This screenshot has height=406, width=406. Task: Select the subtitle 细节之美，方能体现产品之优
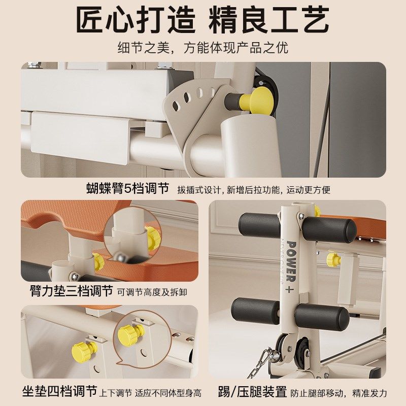click(203, 48)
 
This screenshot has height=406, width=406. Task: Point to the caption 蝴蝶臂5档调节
click(128, 189)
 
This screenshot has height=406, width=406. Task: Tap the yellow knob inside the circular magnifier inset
click(152, 238)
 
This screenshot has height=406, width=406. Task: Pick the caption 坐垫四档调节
click(59, 392)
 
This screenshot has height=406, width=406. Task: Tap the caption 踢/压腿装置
click(252, 392)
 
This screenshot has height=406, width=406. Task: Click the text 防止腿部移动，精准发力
click(339, 393)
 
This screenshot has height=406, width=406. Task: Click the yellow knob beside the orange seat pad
click(333, 259)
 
